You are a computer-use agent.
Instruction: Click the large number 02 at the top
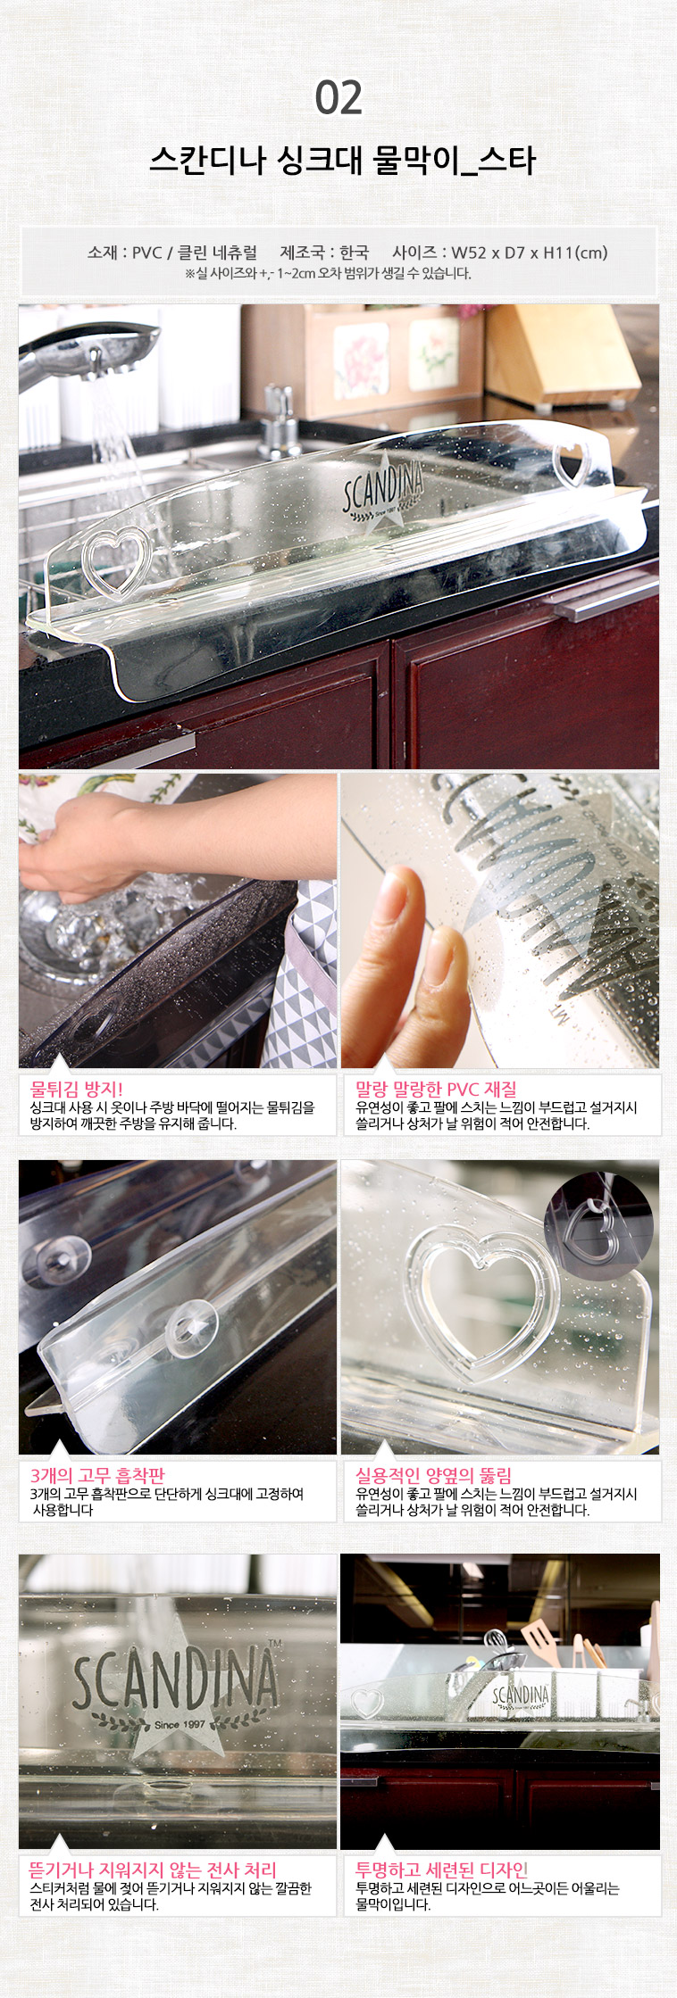pyautogui.click(x=338, y=98)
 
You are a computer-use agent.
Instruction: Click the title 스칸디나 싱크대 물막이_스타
pyautogui.click(x=342, y=161)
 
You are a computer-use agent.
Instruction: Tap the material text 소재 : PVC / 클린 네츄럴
pyautogui.click(x=171, y=253)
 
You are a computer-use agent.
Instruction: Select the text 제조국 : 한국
pyautogui.click(x=324, y=253)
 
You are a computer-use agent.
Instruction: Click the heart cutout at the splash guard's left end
pyautogui.click(x=113, y=561)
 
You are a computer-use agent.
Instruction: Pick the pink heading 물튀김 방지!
pyautogui.click(x=77, y=1089)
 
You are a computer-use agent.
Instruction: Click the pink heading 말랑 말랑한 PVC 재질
pyautogui.click(x=436, y=1089)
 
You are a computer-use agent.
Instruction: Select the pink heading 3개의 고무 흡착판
pyautogui.click(x=97, y=1475)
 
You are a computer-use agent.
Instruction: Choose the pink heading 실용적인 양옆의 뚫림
pyautogui.click(x=434, y=1475)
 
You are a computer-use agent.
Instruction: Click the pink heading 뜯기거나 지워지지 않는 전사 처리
pyautogui.click(x=153, y=1869)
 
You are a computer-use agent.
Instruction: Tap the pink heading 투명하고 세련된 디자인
pyautogui.click(x=442, y=1869)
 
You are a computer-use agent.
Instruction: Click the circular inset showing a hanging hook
pyautogui.click(x=599, y=1226)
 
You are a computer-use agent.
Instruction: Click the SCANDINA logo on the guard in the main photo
pyautogui.click(x=384, y=490)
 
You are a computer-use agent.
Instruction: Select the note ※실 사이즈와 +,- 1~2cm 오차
pyautogui.click(x=328, y=273)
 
